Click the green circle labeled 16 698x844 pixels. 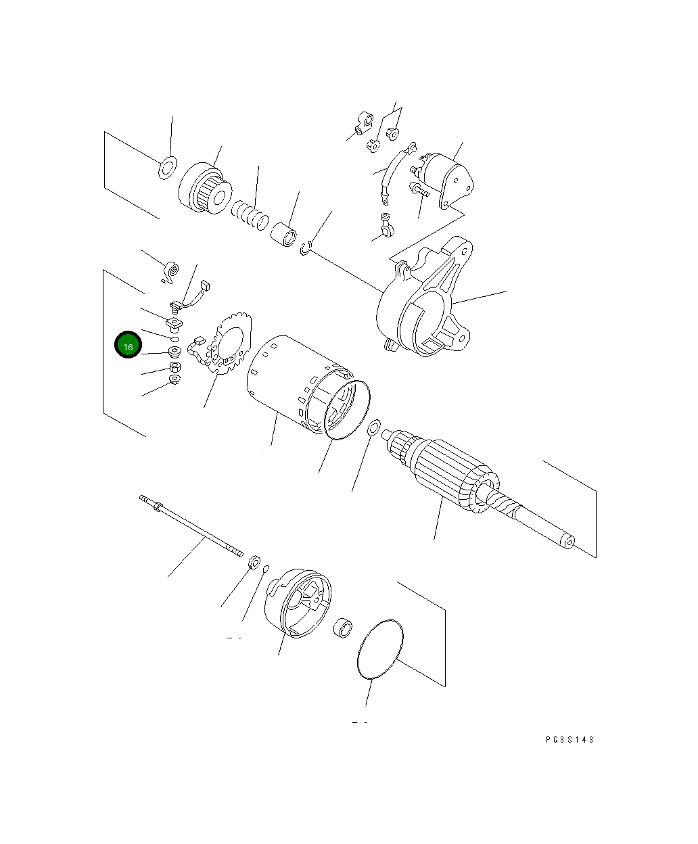(128, 346)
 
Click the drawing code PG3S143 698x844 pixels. (569, 740)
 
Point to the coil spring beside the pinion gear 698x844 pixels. (250, 218)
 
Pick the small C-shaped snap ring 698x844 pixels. (306, 248)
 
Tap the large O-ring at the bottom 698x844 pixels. (379, 648)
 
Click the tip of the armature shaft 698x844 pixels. (568, 542)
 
